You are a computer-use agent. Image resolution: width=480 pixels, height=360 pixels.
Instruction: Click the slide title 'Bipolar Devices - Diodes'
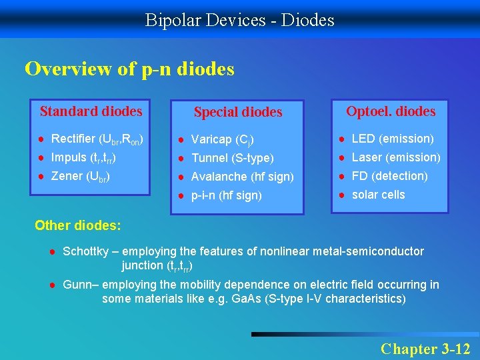(240, 20)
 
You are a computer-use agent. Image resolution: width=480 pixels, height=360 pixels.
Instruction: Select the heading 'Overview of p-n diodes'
(129, 69)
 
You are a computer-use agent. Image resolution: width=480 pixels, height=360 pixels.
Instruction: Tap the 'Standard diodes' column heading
(91, 111)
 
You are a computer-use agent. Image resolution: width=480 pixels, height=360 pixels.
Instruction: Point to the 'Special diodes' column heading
(238, 112)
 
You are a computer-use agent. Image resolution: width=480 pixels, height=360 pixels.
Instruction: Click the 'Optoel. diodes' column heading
(390, 111)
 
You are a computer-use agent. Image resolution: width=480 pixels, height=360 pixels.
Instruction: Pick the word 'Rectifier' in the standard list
(73, 139)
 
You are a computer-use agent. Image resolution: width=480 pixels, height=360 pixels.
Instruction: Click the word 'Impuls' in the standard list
(68, 157)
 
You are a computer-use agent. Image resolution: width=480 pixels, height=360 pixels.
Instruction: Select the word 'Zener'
(67, 176)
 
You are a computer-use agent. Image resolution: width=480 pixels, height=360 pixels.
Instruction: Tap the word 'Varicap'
(211, 139)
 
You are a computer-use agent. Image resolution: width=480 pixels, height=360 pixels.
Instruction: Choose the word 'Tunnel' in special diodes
(209, 158)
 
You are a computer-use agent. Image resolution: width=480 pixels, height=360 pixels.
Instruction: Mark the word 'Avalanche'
(219, 177)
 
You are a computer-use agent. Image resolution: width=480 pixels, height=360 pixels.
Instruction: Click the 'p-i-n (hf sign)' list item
(226, 195)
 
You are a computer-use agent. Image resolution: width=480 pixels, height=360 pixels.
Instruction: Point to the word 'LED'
(363, 139)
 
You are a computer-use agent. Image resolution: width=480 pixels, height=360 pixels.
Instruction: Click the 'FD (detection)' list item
(389, 176)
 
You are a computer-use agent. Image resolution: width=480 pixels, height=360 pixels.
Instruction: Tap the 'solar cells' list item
(378, 195)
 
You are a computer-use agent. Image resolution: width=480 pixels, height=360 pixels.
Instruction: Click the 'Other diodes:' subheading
(78, 225)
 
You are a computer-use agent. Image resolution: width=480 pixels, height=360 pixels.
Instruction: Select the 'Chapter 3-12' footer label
(425, 349)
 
